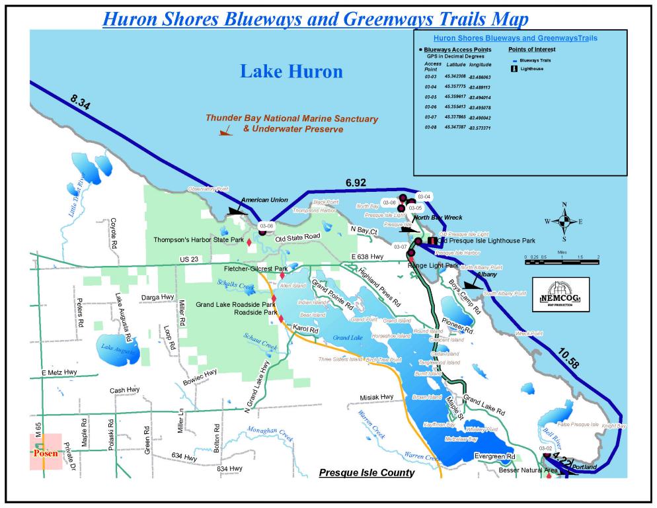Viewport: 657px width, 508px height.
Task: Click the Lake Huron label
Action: coord(291,71)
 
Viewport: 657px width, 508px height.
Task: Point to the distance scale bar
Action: coord(562,261)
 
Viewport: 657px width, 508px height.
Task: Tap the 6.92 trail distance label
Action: coord(355,183)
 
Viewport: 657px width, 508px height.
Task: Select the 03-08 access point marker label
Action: coord(266,226)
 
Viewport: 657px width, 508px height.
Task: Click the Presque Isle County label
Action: coord(366,473)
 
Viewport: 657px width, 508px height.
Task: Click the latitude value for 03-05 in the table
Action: coord(455,97)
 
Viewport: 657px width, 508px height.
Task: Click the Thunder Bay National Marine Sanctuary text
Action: coord(291,119)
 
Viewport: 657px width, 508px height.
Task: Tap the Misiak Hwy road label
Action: coord(377,398)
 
